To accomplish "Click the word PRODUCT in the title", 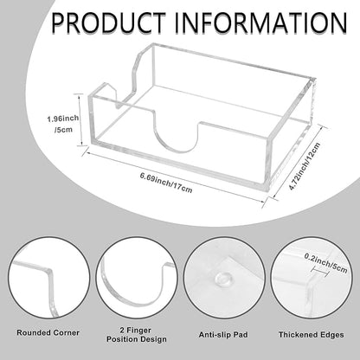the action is pos(109,22).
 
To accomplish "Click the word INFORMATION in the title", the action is pos(261,22).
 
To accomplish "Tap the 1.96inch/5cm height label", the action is pos(63,124).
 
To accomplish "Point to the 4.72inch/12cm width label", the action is pos(305,166).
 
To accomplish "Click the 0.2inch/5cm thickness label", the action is pos(325,263).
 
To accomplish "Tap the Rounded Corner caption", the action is pos(48,332).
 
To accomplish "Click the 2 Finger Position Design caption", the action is pos(137,335).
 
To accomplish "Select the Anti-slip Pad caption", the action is pos(223,335).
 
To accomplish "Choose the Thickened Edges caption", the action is pos(312,335).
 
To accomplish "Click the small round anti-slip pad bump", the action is pos(222,280).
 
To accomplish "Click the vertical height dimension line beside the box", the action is pos(81,121).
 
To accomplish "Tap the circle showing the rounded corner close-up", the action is pos(48,279).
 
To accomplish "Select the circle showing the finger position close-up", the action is pos(137,279).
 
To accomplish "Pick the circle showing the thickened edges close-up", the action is pos(312,279).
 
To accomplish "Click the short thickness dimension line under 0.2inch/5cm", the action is pos(320,271).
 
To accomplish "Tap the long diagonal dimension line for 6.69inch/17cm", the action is pos(174,177).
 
